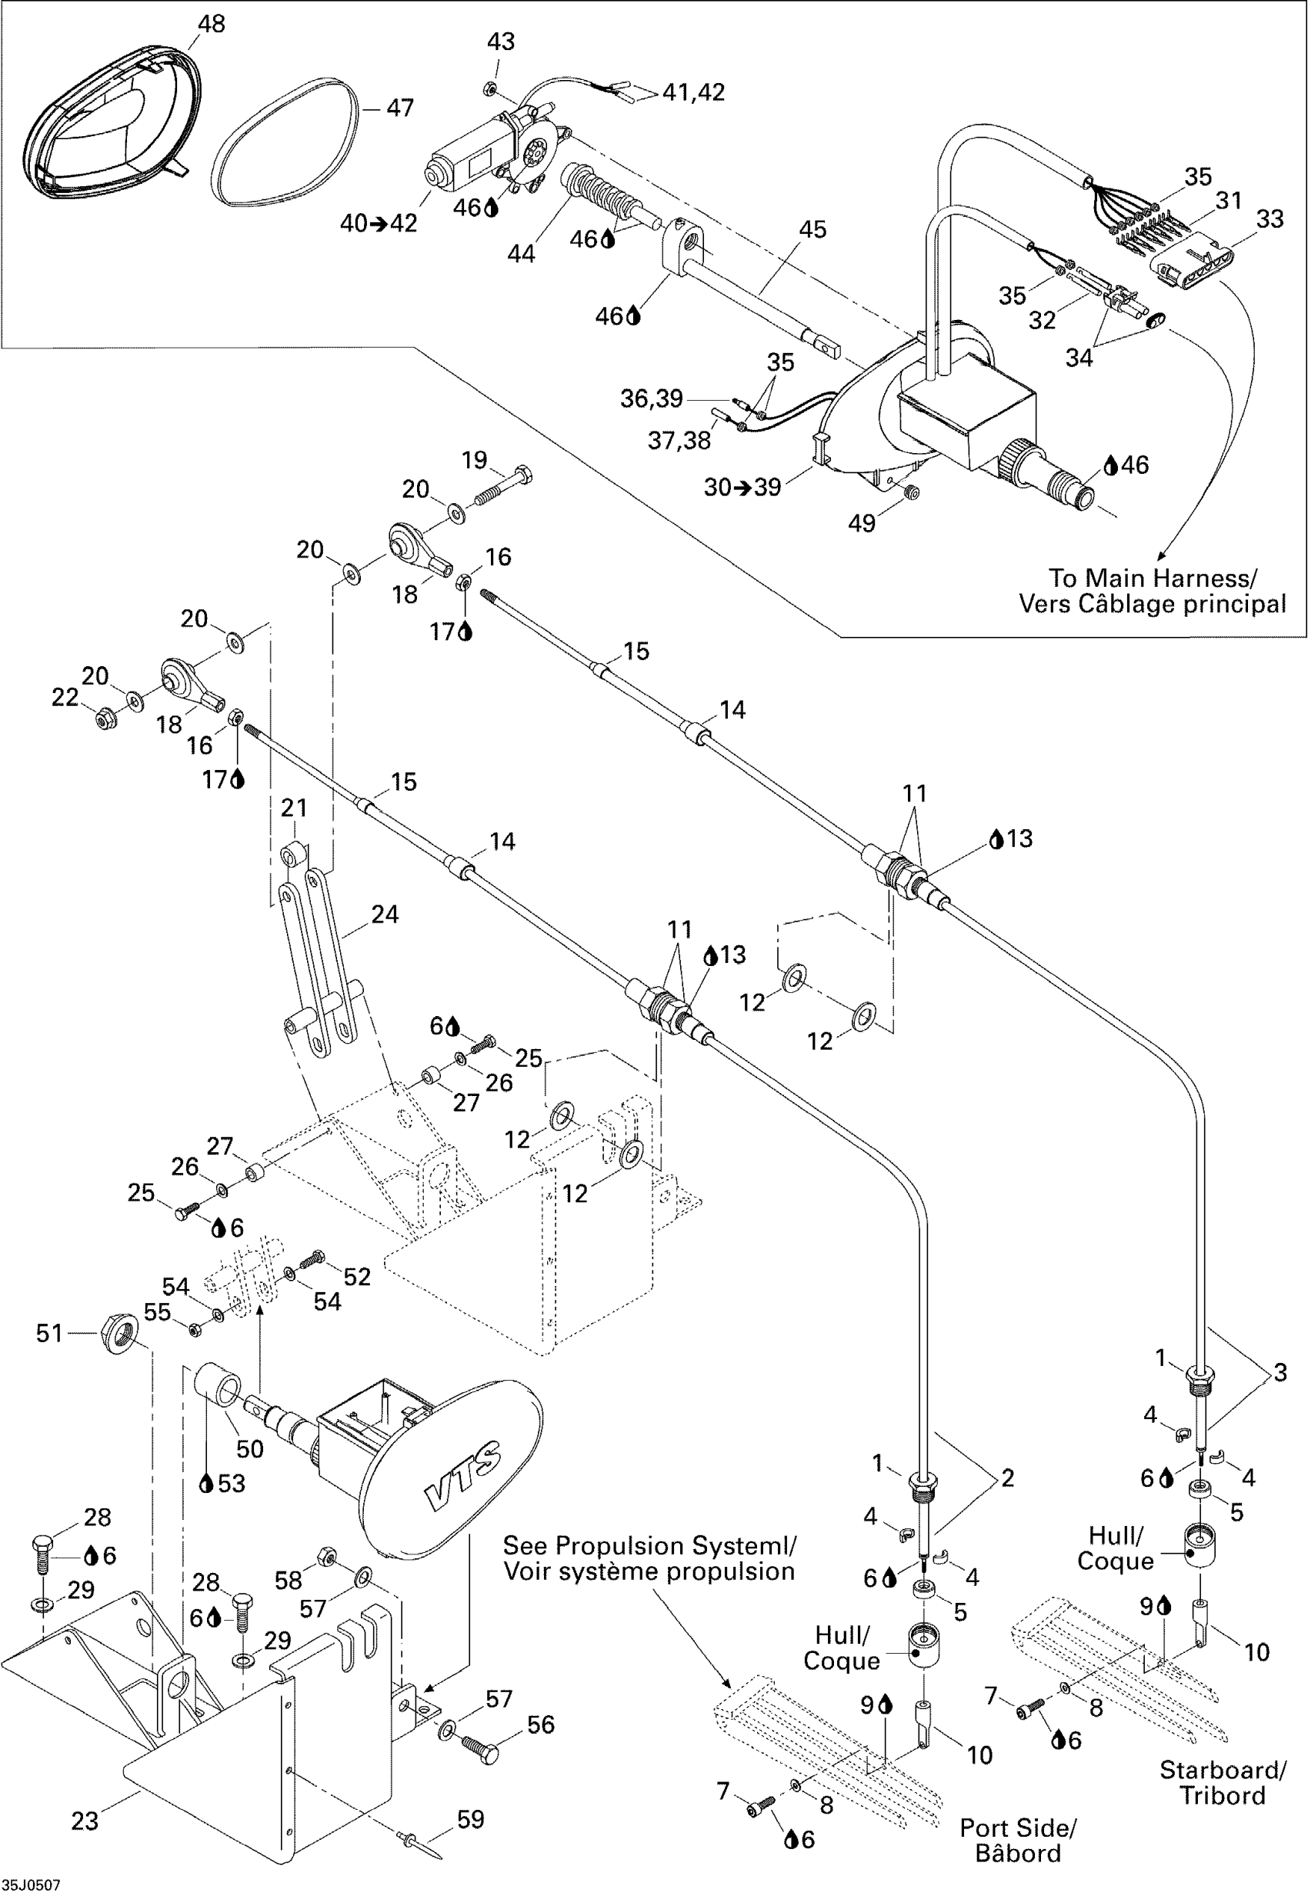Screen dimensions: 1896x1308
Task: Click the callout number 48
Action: click(x=212, y=24)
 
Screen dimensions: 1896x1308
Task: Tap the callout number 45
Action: click(x=812, y=229)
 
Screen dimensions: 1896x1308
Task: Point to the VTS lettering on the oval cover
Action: click(x=462, y=1474)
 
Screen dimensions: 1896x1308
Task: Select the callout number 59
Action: click(x=470, y=1819)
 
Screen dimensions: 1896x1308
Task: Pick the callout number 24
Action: click(x=385, y=914)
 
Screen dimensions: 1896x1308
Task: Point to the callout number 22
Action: click(x=65, y=698)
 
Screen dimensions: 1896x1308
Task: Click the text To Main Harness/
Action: click(x=1153, y=578)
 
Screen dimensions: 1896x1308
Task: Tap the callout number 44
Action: click(x=521, y=254)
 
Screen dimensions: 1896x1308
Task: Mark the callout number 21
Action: click(x=293, y=808)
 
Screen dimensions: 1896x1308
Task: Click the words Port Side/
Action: click(x=1018, y=1828)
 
